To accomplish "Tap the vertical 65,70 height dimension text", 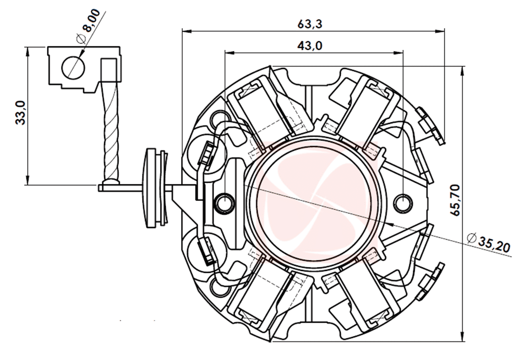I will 456,200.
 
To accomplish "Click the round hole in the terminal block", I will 73,66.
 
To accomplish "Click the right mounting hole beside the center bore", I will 403,203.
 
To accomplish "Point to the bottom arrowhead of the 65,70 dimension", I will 463,340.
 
